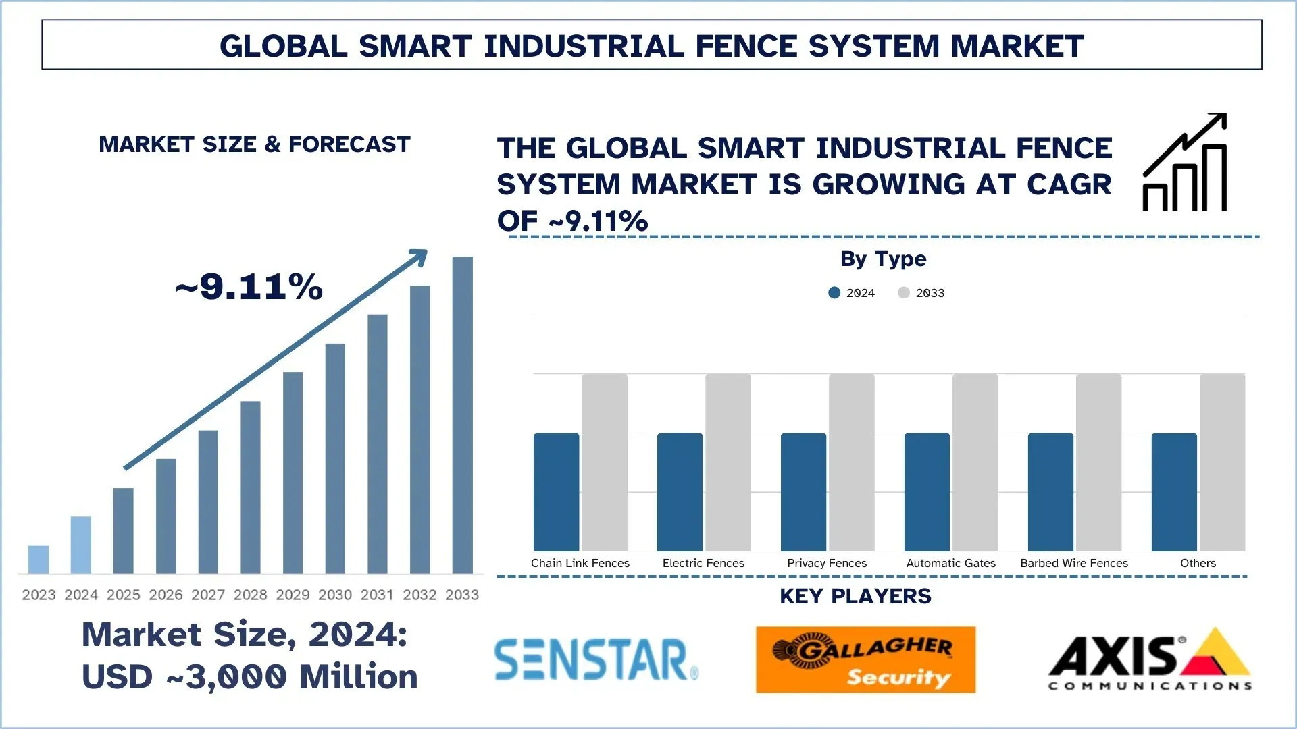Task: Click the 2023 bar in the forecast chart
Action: [x=39, y=559]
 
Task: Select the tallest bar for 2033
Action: [x=462, y=415]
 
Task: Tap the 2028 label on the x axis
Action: [x=250, y=595]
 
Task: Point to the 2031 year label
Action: [x=377, y=595]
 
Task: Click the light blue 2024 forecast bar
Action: [x=81, y=545]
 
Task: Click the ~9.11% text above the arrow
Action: [x=249, y=286]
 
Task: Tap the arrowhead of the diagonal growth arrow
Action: [x=420, y=256]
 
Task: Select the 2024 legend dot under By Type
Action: [x=834, y=292]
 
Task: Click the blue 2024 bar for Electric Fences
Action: [x=680, y=492]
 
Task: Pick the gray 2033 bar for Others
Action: [x=1222, y=462]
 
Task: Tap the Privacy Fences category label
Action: [x=827, y=563]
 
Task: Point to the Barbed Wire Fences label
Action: [x=1074, y=563]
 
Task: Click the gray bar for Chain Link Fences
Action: [x=605, y=462]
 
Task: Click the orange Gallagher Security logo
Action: [x=865, y=659]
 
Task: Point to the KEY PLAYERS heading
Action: [x=855, y=596]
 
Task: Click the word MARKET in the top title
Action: [x=1017, y=46]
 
